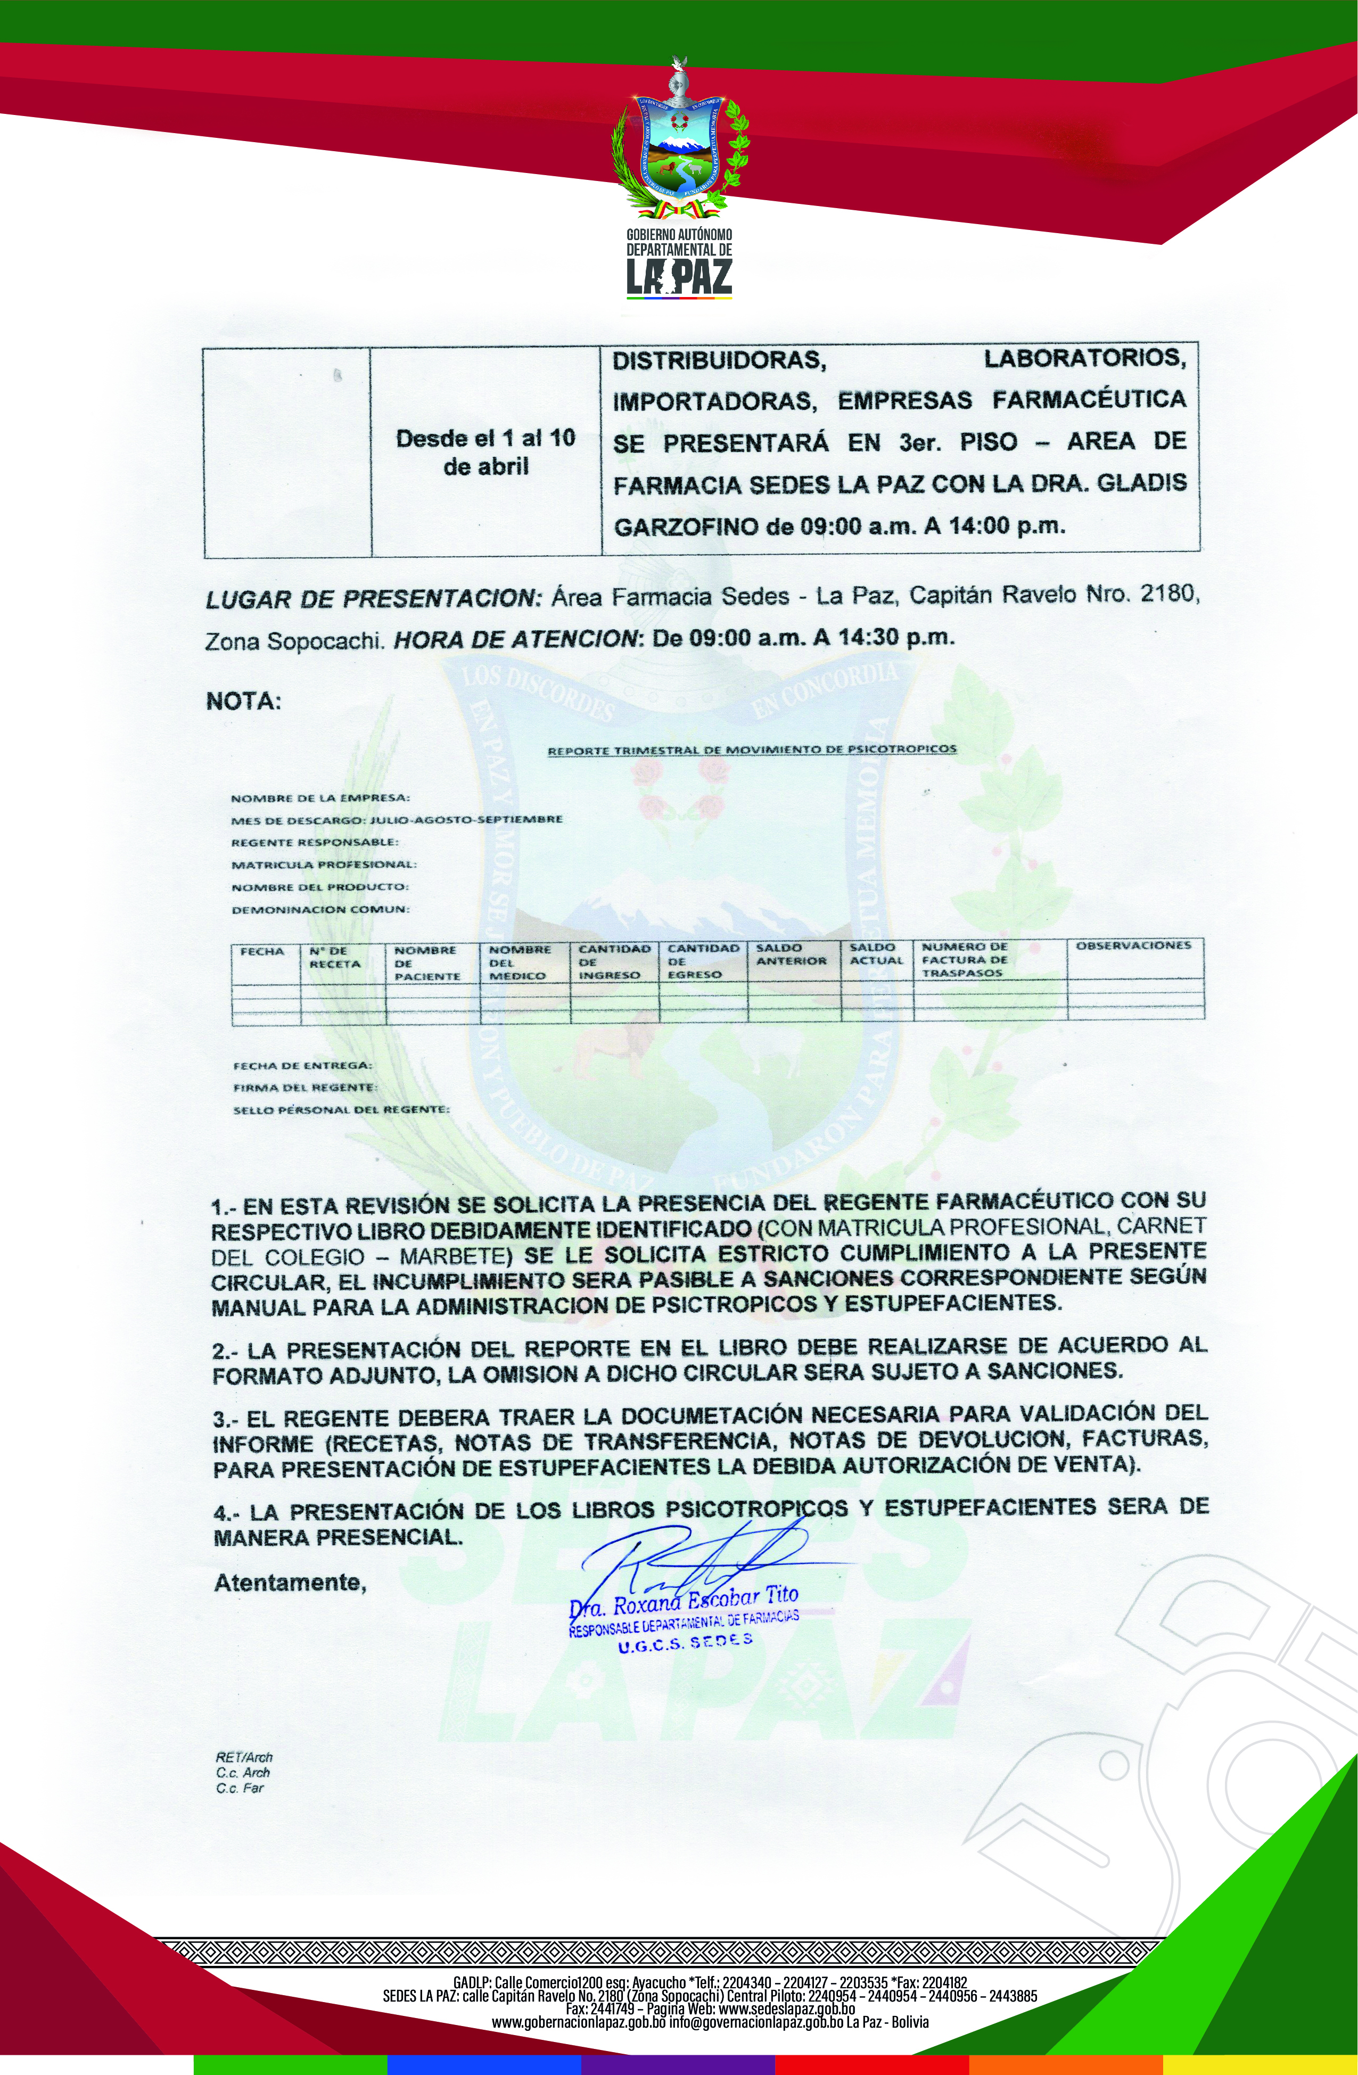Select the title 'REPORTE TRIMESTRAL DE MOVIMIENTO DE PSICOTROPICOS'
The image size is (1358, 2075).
pos(751,749)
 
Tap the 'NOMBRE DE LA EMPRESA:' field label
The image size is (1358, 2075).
pos(320,797)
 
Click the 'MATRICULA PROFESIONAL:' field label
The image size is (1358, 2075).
pos(323,865)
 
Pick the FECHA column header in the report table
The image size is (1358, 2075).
pos(262,951)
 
